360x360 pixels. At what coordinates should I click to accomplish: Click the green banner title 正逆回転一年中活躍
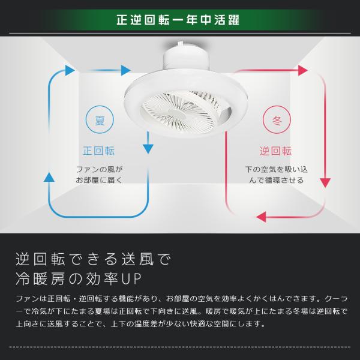tap(178, 20)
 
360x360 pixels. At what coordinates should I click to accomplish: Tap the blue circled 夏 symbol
tap(100, 119)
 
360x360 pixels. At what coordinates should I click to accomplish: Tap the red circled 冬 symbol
tap(277, 119)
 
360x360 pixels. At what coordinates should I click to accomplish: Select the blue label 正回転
tap(99, 151)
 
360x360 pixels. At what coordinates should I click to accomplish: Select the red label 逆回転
tap(276, 151)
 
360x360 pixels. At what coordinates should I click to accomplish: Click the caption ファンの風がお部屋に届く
tap(99, 175)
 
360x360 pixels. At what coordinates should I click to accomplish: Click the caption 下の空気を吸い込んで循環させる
tap(277, 175)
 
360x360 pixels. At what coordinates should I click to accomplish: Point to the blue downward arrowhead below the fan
tap(148, 149)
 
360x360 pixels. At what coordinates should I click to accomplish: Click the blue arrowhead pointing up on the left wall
tap(49, 177)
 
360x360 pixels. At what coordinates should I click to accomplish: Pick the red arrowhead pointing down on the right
tap(325, 183)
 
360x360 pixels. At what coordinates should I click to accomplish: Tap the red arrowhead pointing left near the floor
tap(261, 217)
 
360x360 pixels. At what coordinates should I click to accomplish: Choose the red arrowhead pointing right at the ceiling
tap(303, 70)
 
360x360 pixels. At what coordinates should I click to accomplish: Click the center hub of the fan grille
tap(178, 113)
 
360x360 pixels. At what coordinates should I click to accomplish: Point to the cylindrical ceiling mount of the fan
tap(186, 57)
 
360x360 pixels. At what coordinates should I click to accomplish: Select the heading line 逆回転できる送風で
tap(93, 259)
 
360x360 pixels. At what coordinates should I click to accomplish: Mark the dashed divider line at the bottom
tap(180, 347)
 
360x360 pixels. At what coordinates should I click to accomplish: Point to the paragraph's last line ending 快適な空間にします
tap(140, 324)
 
